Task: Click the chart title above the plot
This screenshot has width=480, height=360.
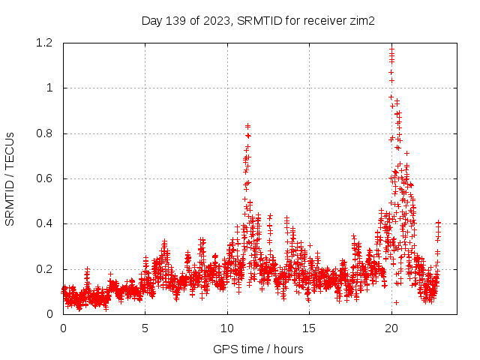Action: [258, 20]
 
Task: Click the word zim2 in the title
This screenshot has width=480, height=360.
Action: [361, 20]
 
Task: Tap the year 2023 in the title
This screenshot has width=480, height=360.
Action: [217, 20]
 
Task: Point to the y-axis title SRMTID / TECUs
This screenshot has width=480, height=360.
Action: [10, 178]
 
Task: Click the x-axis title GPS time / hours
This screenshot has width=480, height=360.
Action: [258, 349]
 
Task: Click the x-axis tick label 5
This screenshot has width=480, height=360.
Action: [145, 328]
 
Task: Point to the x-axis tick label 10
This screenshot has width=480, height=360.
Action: [227, 328]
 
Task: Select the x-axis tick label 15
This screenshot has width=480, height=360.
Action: [309, 328]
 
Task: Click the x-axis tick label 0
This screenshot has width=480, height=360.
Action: [63, 328]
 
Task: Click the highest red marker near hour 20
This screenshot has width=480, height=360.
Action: [391, 48]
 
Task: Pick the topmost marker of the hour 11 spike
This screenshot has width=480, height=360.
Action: [247, 126]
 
